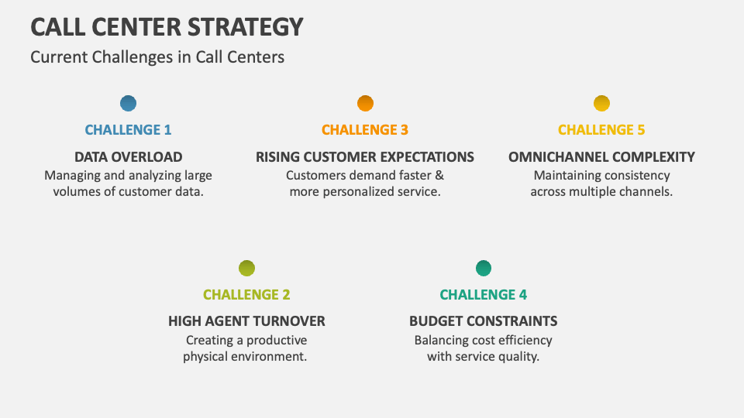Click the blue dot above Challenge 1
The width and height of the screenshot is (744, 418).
click(x=129, y=103)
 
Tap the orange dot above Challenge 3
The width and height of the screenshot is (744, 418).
click(x=365, y=103)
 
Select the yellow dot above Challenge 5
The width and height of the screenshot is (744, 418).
click(x=601, y=103)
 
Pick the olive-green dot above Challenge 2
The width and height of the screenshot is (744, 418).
click(x=246, y=269)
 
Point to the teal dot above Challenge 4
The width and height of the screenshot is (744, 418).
click(x=483, y=269)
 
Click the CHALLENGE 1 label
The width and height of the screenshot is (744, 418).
click(x=128, y=130)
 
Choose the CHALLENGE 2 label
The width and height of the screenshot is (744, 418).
click(x=246, y=295)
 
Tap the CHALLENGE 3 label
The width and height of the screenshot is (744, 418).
click(x=365, y=130)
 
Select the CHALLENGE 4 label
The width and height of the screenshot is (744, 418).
click(x=483, y=295)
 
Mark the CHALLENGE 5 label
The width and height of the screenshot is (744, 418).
click(x=601, y=130)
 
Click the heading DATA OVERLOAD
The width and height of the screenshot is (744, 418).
click(x=129, y=156)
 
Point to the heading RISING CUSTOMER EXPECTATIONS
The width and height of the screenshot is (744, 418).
click(x=365, y=156)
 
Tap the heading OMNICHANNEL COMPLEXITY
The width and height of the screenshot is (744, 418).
click(x=601, y=156)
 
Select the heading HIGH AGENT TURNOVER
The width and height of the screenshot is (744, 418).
click(x=246, y=321)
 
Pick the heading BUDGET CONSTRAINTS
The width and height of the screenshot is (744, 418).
click(x=483, y=321)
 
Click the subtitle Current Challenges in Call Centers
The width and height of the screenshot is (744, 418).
click(x=157, y=57)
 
